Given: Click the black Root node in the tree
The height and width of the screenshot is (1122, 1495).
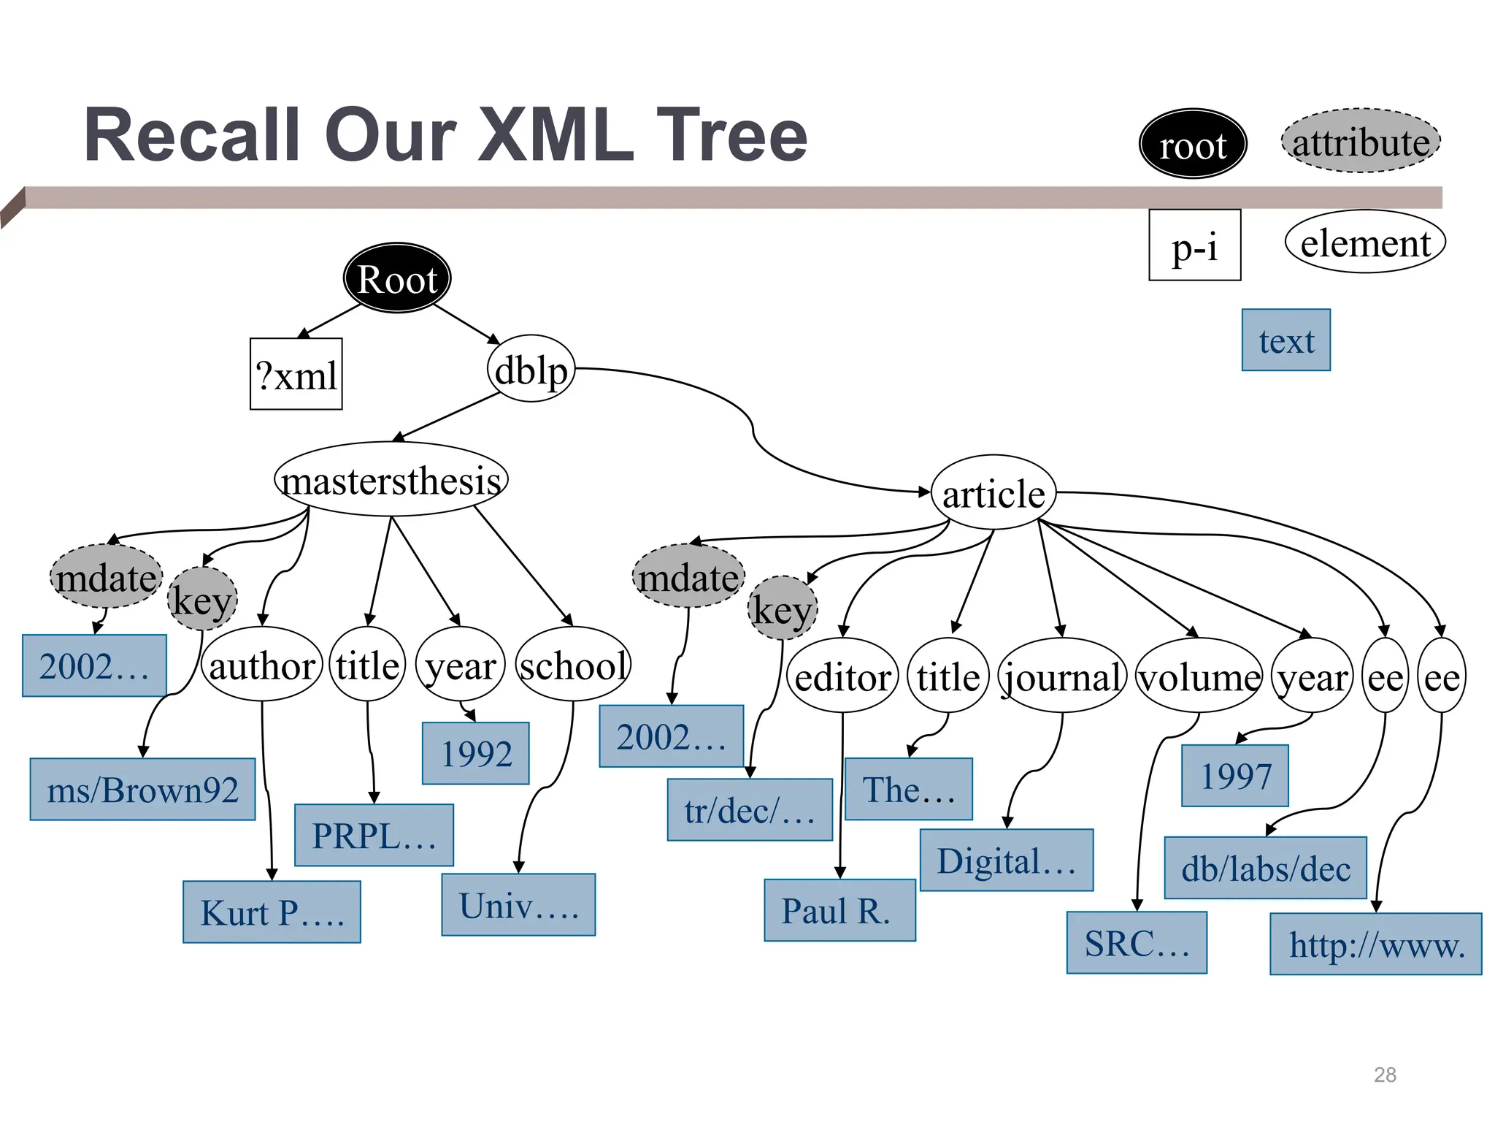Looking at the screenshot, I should pyautogui.click(x=397, y=278).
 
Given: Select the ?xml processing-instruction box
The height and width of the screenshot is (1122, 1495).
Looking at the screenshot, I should pyautogui.click(x=296, y=374).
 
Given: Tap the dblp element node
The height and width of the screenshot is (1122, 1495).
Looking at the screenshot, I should pyautogui.click(x=531, y=370).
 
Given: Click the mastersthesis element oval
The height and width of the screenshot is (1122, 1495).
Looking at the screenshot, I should pyautogui.click(x=391, y=480).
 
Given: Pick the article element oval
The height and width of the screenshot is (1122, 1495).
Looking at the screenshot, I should pyautogui.click(x=993, y=493).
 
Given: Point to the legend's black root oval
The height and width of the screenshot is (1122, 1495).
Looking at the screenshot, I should pyautogui.click(x=1193, y=145).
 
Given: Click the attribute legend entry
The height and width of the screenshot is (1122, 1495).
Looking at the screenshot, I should pyautogui.click(x=1361, y=142).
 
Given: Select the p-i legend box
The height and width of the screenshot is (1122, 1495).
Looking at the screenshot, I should pyautogui.click(x=1194, y=245).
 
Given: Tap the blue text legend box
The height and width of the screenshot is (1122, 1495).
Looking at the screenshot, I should pyautogui.click(x=1285, y=340).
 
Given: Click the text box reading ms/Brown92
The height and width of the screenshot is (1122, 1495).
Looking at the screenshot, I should pyautogui.click(x=142, y=790).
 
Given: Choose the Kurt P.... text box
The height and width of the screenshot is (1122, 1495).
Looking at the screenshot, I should pyautogui.click(x=272, y=912).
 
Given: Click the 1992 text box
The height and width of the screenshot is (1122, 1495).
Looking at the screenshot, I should pyautogui.click(x=476, y=753).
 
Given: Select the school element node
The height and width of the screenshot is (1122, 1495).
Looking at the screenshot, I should pyautogui.click(x=573, y=665).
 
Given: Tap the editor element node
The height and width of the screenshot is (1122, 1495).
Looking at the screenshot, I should pyautogui.click(x=842, y=676).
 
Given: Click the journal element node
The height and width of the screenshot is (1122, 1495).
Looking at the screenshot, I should pyautogui.click(x=1062, y=676).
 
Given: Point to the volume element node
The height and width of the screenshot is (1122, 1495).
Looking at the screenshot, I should pyautogui.click(x=1199, y=676).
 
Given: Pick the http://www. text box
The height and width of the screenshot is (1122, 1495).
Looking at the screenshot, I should pyautogui.click(x=1376, y=944).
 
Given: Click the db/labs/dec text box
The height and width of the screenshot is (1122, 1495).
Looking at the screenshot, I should pyautogui.click(x=1265, y=868).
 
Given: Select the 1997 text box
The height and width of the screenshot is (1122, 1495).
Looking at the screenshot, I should pyautogui.click(x=1235, y=776).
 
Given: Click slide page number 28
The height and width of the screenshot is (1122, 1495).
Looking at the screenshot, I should pyautogui.click(x=1385, y=1075).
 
